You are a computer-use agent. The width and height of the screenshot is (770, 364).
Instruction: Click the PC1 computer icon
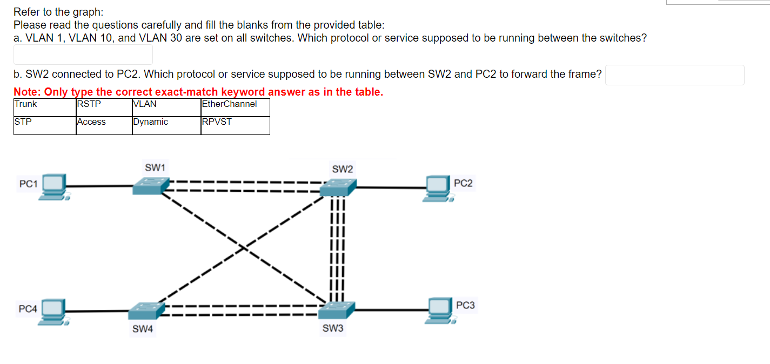[x=54, y=187]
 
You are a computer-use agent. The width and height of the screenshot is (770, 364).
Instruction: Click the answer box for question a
[x=83, y=55]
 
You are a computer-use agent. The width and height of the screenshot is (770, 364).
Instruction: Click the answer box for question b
[x=674, y=75]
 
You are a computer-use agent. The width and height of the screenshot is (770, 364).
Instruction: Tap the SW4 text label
[x=143, y=329]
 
